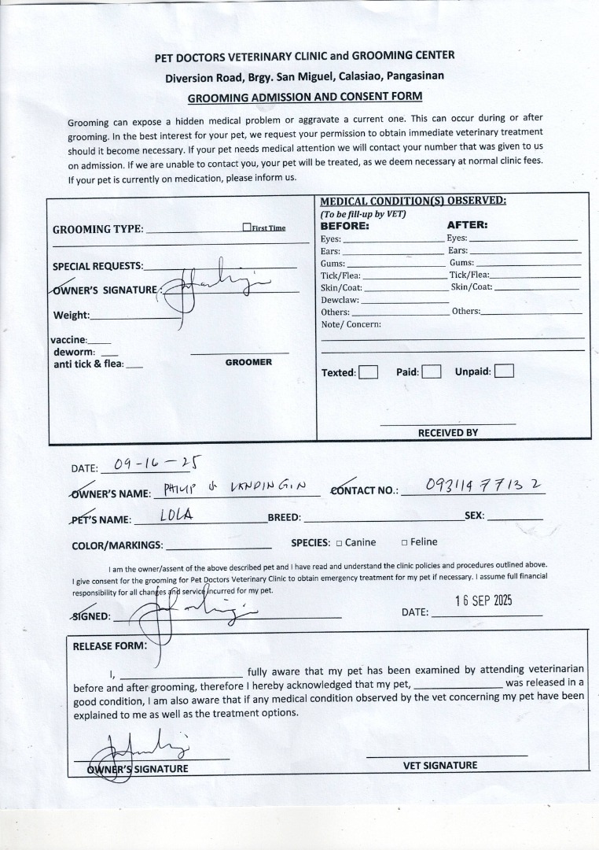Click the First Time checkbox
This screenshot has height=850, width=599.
pos(247,227)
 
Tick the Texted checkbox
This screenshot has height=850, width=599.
pos(368,372)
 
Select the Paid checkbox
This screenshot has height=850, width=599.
pos(431,371)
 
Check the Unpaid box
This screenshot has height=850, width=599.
pos(504,371)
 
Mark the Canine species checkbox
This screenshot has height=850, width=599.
pos(339,542)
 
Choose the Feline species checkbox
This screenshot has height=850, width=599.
pos(404,542)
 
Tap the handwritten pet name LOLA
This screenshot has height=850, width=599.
pos(177,516)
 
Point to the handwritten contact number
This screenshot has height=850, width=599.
pos(483,486)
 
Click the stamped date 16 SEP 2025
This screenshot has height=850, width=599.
pos(483,601)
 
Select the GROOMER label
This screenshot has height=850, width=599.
pos(248,362)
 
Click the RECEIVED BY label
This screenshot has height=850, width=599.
pos(447,433)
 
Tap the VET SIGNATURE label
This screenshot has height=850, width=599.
pos(440,765)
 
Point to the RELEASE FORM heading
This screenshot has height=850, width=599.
pos(109,646)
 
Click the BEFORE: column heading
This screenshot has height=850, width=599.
pos(344,225)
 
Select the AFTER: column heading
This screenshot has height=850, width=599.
pos(467,225)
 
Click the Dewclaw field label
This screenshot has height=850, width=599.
pos(340,300)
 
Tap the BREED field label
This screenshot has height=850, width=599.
pos(284,518)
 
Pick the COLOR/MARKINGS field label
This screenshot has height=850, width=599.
pos(117,545)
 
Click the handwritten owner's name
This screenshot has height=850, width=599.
pos(231,490)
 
